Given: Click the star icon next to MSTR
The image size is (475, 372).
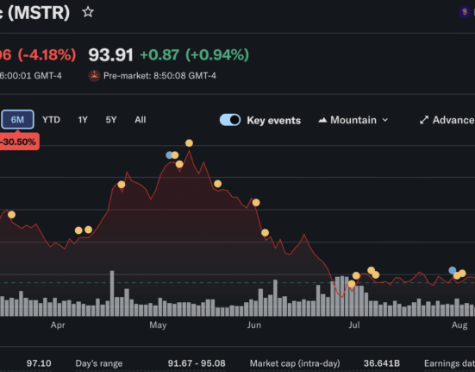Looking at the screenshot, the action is (88, 12).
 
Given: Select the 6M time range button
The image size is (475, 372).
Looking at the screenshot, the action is (17, 119).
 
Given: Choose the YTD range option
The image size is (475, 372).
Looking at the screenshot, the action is (51, 120).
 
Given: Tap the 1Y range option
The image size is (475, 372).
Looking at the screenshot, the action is (83, 120).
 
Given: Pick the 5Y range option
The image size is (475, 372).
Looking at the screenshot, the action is (111, 120).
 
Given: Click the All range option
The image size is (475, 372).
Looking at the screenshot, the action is (141, 120).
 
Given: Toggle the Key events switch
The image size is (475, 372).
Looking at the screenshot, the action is (230, 120).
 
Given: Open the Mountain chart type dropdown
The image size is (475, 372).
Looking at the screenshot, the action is (353, 120).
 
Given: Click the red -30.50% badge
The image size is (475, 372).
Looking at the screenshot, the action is (19, 142).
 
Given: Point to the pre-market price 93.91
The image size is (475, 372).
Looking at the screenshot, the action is (110, 55).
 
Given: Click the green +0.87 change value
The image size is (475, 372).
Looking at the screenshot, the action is (159, 55).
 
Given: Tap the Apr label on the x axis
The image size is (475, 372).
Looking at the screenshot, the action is (58, 325).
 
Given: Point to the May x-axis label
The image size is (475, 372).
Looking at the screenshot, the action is (158, 325).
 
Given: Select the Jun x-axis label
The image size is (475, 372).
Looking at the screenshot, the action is (253, 325).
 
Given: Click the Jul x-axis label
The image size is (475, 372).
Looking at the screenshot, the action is (354, 325).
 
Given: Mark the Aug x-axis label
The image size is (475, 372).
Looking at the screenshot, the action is (459, 325).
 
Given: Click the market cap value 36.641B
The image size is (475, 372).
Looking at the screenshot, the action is (381, 363).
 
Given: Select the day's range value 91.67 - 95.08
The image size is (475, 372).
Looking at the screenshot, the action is (197, 363).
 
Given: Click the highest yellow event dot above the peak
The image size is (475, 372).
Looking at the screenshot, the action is (189, 142).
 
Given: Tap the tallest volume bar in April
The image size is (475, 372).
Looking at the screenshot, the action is (112, 293).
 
